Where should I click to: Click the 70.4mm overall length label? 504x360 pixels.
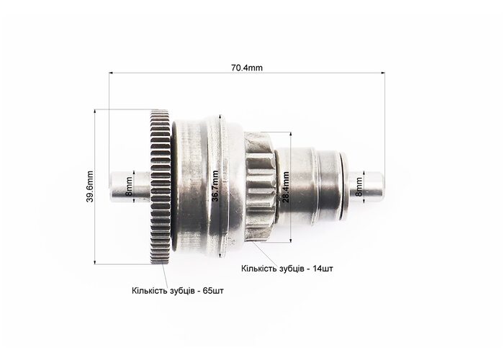[x=246, y=68]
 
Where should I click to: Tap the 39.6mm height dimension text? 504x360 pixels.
[x=90, y=186]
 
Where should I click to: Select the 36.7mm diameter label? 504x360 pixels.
[x=215, y=186]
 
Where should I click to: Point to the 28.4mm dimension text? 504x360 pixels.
[x=286, y=187]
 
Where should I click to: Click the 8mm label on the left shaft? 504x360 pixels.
[x=129, y=186]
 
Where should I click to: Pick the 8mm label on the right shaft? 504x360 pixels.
[x=359, y=186]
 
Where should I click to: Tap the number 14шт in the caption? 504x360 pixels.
[x=323, y=269]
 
